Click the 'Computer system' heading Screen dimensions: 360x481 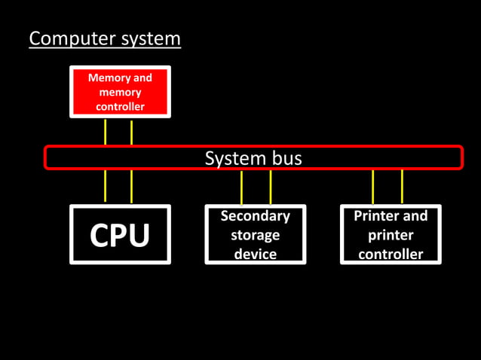click(x=105, y=38)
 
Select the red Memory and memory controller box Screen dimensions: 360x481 click(x=120, y=92)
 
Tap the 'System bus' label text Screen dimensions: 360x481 click(x=253, y=158)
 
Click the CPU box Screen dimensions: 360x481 click(x=120, y=234)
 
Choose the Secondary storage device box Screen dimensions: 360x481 click(x=255, y=234)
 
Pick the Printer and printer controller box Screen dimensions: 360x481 click(x=391, y=234)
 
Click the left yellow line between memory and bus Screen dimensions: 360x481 click(x=106, y=132)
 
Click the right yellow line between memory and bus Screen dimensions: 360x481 click(x=132, y=132)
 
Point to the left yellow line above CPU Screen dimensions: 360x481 click(x=106, y=186)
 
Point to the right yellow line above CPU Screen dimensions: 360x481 click(x=132, y=186)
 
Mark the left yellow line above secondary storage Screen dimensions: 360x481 click(x=241, y=187)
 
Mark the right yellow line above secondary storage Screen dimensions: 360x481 click(x=270, y=187)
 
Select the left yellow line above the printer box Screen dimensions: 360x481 click(x=373, y=187)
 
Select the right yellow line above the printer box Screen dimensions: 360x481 click(x=402, y=187)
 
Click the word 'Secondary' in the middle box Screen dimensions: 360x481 click(x=255, y=216)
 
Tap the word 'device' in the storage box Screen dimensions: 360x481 click(x=255, y=254)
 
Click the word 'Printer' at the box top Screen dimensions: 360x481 click(x=379, y=216)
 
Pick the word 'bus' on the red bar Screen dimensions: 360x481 click(x=286, y=158)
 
